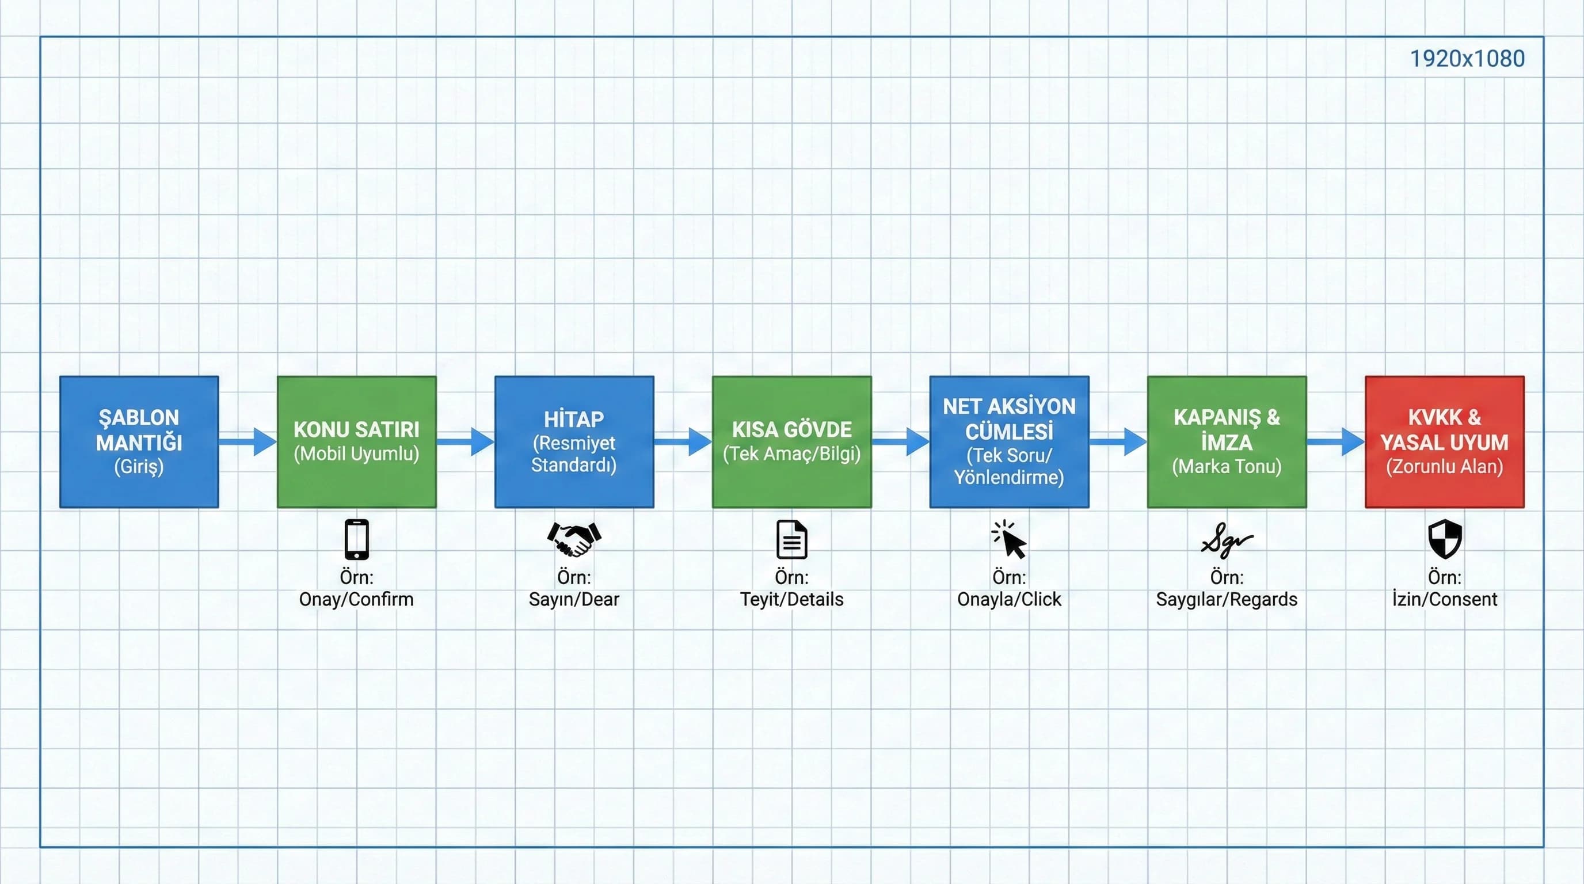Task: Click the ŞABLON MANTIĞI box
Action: pyautogui.click(x=139, y=441)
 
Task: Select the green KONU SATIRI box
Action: pyautogui.click(x=357, y=441)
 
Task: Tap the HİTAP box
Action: pyautogui.click(x=574, y=441)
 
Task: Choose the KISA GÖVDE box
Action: pyautogui.click(x=791, y=441)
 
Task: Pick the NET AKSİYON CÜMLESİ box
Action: pyautogui.click(x=1009, y=441)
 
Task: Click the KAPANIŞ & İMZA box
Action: pyautogui.click(x=1227, y=441)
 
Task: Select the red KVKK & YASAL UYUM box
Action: pyautogui.click(x=1444, y=441)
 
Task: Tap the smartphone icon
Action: pyautogui.click(x=357, y=539)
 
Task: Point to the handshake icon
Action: pyautogui.click(x=574, y=539)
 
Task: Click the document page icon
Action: pyautogui.click(x=791, y=539)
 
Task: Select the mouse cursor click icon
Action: pyautogui.click(x=1009, y=539)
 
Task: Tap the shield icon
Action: pyautogui.click(x=1444, y=539)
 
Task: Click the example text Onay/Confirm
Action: pyautogui.click(x=356, y=599)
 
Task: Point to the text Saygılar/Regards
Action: pyautogui.click(x=1227, y=599)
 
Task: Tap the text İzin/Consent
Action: pyautogui.click(x=1444, y=599)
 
